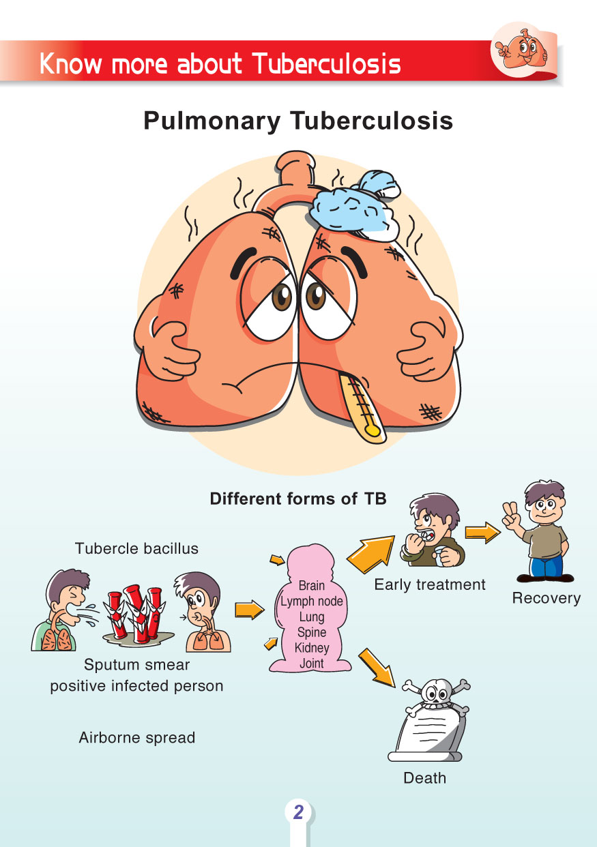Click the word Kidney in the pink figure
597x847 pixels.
(x=312, y=648)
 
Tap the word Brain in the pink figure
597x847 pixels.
(x=312, y=586)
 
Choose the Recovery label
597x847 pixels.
(x=546, y=599)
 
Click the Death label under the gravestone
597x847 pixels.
(x=424, y=778)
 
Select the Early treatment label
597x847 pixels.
(x=430, y=584)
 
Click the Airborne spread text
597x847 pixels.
(x=137, y=737)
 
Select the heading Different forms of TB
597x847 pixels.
(x=298, y=499)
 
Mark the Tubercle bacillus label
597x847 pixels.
(x=136, y=548)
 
